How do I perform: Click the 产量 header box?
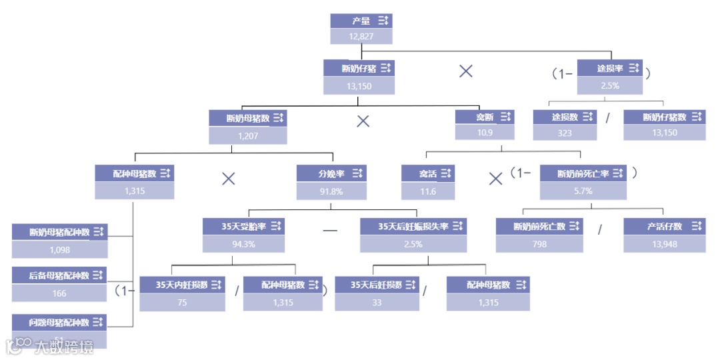point(361,21)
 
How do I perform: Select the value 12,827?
point(361,36)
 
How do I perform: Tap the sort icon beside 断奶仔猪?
point(385,68)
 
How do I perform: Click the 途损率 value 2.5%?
point(609,85)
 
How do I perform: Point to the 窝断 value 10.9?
point(485,133)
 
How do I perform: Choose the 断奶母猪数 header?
point(247,119)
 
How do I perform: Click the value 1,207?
point(247,136)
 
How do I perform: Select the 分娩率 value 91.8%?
point(331,191)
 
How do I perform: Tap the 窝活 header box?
point(428,174)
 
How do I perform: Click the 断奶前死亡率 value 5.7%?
point(583,191)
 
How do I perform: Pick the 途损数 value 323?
point(565,133)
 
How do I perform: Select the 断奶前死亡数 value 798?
point(539,244)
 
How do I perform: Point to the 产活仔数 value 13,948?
point(664,244)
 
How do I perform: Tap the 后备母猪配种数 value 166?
point(59,293)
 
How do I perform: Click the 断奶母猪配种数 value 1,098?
point(59,250)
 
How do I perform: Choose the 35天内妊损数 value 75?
point(182,302)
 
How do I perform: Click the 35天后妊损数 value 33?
point(377,302)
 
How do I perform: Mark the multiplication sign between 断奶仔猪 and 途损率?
point(466,71)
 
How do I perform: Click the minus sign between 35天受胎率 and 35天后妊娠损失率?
point(330,231)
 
